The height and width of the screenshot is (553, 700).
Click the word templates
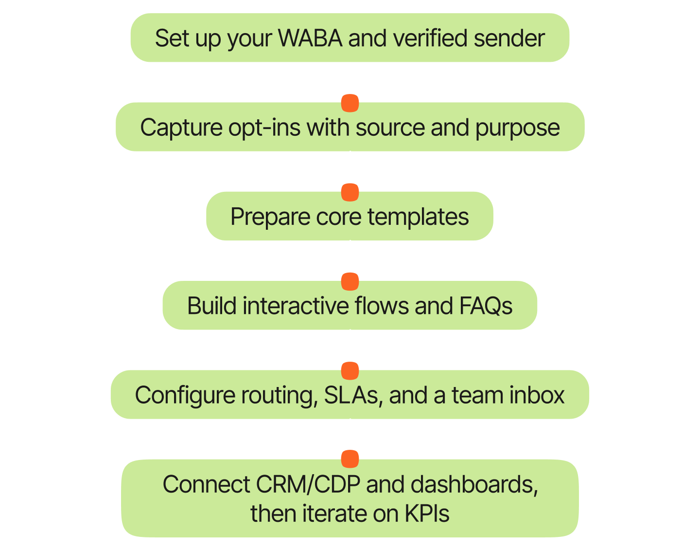pos(418,218)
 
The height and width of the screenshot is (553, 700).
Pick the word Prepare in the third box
pos(270,218)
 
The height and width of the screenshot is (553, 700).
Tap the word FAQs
pos(486,306)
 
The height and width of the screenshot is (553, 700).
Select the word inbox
pos(538,395)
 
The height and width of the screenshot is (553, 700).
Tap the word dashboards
pos(473,485)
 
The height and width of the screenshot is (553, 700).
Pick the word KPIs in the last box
pos(427,514)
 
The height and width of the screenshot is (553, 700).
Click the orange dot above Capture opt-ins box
pos(350,103)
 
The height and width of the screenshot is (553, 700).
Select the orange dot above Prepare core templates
pos(350,192)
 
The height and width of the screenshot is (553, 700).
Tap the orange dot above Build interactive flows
pos(350,281)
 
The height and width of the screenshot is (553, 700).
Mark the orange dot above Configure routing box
pos(350,371)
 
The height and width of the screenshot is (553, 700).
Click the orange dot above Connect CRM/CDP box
pos(350,459)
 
